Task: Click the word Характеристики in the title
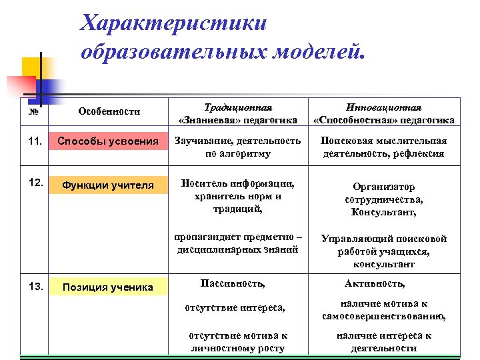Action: [173, 23]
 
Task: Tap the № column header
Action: [33, 111]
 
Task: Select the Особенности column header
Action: [109, 111]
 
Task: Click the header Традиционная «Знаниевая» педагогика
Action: [238, 113]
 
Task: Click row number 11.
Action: [36, 141]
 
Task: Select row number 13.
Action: [36, 287]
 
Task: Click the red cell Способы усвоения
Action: [108, 141]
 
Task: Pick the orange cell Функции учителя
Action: [108, 185]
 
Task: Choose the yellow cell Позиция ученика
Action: [108, 287]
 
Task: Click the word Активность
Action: [375, 283]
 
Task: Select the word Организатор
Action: [383, 187]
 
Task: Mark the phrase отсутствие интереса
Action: [235, 307]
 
